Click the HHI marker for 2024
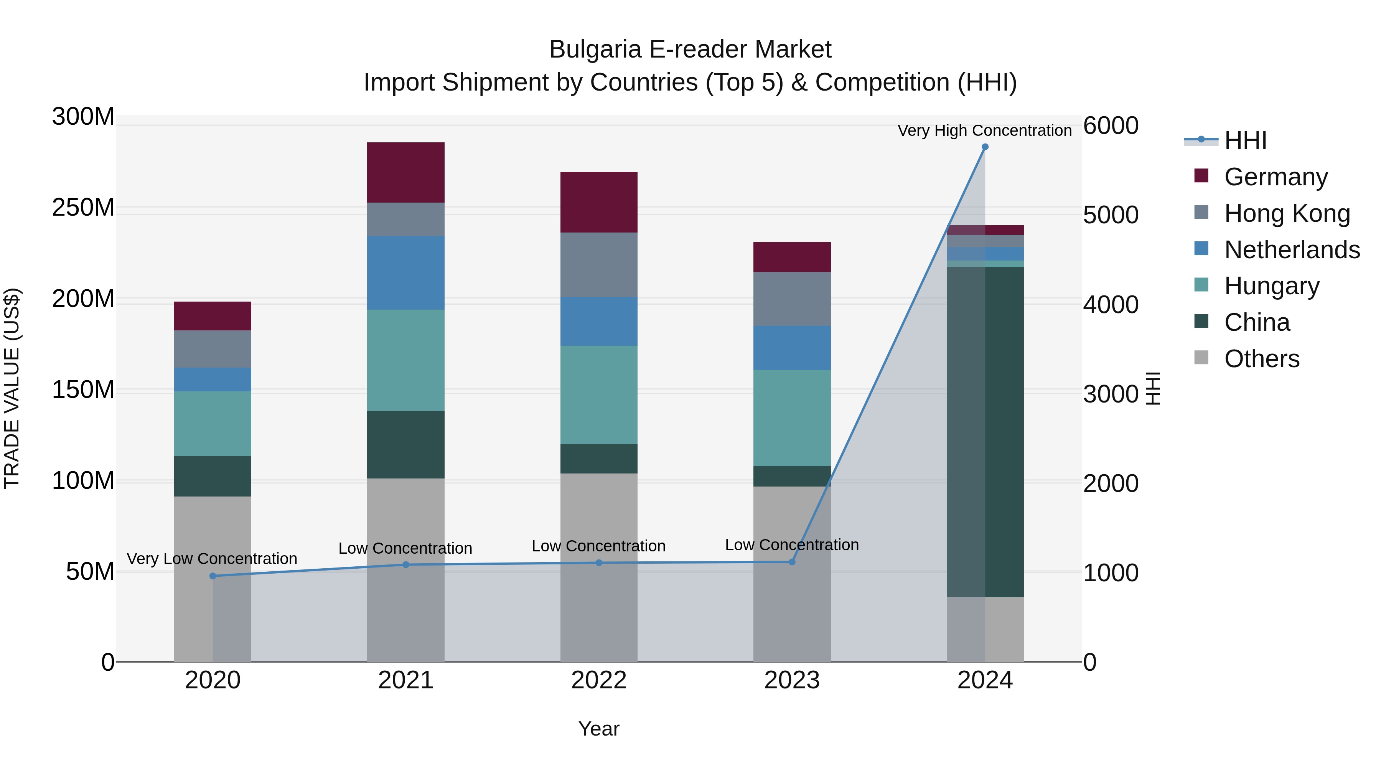coord(985,147)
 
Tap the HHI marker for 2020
coord(213,576)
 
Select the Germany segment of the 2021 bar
coord(406,172)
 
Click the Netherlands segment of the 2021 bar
coord(406,272)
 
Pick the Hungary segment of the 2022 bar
coord(599,395)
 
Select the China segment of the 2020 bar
coord(213,476)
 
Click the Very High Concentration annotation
coord(984,130)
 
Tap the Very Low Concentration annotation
coord(212,558)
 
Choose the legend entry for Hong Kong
coord(1287,213)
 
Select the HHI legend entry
coord(1245,140)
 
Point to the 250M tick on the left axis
coord(83,208)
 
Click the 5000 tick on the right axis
coord(1110,215)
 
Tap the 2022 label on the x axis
coord(599,680)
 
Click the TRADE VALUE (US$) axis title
coord(12,388)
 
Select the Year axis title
coord(599,729)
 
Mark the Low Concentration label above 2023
coord(792,545)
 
